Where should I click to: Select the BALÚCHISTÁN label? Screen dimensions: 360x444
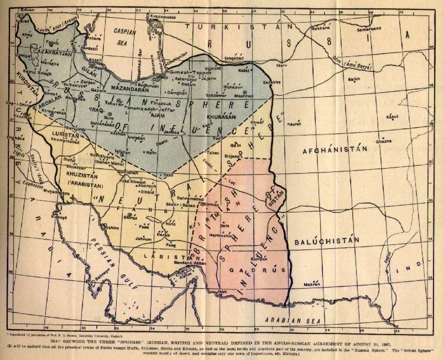point(330,240)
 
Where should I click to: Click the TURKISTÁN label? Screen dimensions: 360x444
point(215,26)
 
